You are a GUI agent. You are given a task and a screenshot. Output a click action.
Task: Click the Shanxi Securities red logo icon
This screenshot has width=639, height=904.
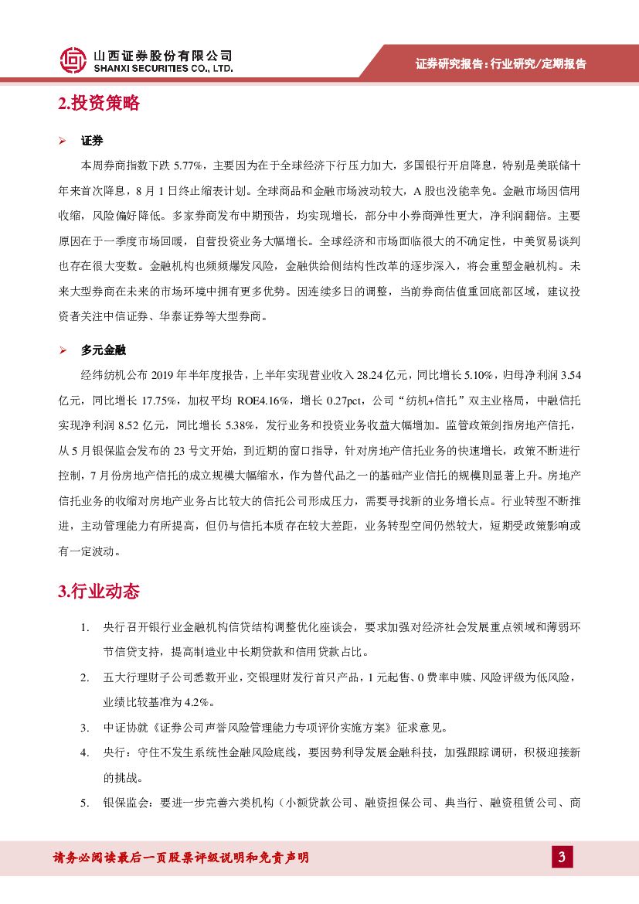tap(73, 60)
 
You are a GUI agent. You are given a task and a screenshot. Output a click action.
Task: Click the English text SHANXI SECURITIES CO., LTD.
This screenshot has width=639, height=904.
tap(162, 69)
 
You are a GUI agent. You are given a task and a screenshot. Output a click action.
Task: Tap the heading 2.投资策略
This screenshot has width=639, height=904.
tap(99, 104)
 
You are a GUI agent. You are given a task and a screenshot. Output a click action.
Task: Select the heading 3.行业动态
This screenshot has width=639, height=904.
tap(99, 592)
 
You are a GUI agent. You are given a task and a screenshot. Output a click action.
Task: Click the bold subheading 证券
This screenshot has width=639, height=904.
tap(92, 141)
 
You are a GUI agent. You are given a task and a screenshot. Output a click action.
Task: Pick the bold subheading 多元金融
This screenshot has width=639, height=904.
tap(103, 350)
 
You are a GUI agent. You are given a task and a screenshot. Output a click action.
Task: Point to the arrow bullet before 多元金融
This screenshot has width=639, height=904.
tap(63, 350)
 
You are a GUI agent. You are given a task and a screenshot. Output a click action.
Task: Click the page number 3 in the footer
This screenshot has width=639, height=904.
tap(562, 857)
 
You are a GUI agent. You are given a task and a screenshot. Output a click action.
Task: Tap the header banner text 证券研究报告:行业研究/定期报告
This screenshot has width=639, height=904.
tap(501, 63)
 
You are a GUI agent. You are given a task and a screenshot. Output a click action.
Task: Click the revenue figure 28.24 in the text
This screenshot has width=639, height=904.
tap(372, 375)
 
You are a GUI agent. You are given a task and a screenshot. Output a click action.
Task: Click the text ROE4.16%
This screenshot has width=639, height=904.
tap(262, 401)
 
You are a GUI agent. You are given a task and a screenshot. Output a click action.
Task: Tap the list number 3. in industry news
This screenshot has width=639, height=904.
tap(85, 728)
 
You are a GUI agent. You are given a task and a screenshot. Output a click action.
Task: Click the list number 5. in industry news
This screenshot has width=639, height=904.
tap(85, 803)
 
